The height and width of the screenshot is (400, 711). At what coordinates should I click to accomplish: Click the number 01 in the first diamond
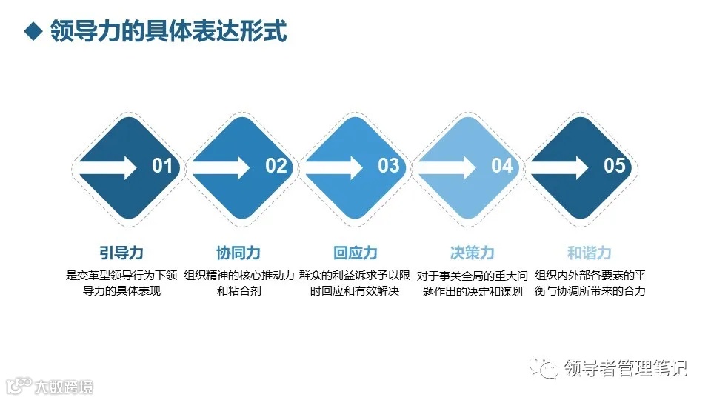(162, 166)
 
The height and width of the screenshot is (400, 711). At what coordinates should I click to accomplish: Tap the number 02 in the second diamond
(276, 166)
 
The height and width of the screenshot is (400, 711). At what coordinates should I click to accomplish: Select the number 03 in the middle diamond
(388, 166)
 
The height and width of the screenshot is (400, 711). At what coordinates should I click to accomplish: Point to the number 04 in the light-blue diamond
(501, 166)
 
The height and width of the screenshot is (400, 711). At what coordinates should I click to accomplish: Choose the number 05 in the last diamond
(615, 166)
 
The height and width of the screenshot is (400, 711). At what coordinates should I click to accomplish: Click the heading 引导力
(121, 253)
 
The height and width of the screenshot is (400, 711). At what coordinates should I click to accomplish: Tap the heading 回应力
(355, 253)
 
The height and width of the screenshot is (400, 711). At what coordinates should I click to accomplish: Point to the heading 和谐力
(590, 253)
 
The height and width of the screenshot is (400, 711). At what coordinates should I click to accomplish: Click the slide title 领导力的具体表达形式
(169, 33)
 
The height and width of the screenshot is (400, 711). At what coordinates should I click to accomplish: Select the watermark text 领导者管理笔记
(626, 368)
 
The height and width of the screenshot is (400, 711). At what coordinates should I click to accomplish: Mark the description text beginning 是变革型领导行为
(121, 283)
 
